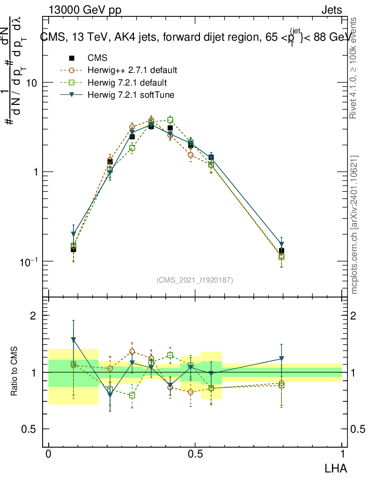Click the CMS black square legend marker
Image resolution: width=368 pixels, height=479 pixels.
[x=72, y=58]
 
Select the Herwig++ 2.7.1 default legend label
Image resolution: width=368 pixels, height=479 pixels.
[x=132, y=71]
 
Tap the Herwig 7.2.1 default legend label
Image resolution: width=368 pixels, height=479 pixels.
[x=127, y=83]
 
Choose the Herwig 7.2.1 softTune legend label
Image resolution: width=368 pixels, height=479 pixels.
[x=131, y=95]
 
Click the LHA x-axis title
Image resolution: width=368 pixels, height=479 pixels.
[x=336, y=467]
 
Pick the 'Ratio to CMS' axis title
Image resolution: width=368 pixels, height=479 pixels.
[x=15, y=372]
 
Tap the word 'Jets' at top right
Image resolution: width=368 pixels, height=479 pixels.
[x=331, y=10]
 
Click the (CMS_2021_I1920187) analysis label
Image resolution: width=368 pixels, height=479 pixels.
[x=195, y=280]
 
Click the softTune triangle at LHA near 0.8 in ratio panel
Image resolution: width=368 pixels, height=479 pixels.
[x=281, y=359]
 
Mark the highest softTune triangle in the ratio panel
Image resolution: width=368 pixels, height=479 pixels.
[x=73, y=339]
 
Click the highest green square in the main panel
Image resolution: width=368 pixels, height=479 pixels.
[x=170, y=120]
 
